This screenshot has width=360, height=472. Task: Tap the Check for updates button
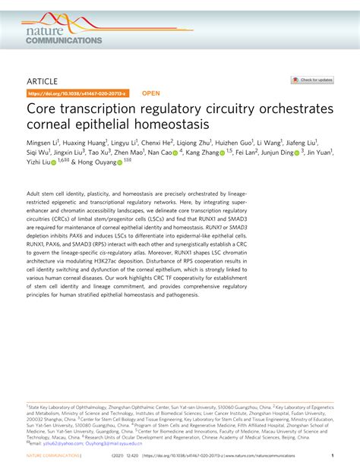point(312,80)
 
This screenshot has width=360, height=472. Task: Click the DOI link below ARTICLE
point(78,93)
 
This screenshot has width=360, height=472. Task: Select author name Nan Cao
point(160,153)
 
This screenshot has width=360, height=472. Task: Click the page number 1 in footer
point(332,455)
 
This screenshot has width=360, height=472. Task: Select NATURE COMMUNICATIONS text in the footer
point(54,455)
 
